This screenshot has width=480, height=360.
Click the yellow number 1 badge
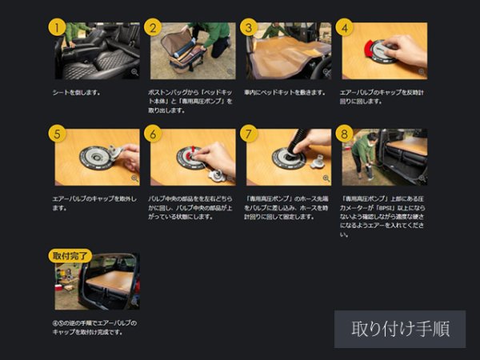pyautogui.click(x=56, y=26)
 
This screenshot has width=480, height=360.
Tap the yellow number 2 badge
pyautogui.click(x=153, y=26)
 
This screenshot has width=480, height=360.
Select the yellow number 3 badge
pyautogui.click(x=249, y=26)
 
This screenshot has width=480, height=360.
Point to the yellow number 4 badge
pyautogui.click(x=345, y=26)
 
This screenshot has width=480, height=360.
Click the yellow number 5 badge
pyautogui.click(x=56, y=133)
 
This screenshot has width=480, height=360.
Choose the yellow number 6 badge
pyautogui.click(x=153, y=133)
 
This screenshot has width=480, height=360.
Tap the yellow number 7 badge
pyautogui.click(x=249, y=133)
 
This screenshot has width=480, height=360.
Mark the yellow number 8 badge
pyautogui.click(x=345, y=133)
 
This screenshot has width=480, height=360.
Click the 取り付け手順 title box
pyautogui.click(x=400, y=329)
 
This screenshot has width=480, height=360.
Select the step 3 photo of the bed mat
pyautogui.click(x=288, y=52)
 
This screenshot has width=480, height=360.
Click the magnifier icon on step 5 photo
pyautogui.click(x=134, y=178)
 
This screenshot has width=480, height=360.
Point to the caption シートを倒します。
pyautogui.click(x=77, y=92)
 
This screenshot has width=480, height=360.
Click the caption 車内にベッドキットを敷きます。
pyautogui.click(x=285, y=92)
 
